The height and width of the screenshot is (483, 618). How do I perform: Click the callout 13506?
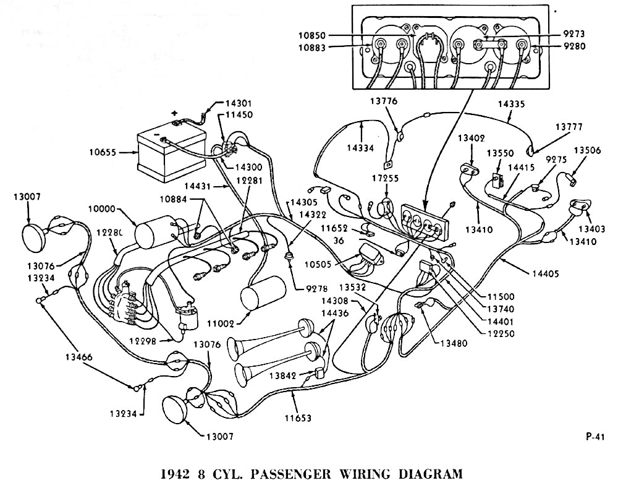(x=588, y=150)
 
